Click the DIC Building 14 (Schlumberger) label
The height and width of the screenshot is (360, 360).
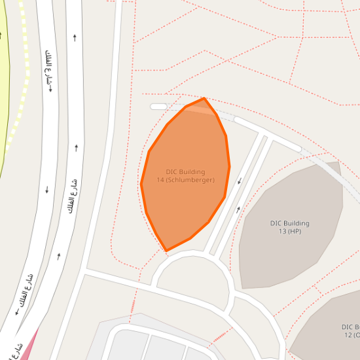point(185,175)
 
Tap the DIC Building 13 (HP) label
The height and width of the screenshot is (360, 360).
point(289,227)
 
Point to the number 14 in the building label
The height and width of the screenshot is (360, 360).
point(160,180)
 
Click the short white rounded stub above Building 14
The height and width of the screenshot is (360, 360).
point(158,107)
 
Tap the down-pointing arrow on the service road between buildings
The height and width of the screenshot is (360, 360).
point(240,181)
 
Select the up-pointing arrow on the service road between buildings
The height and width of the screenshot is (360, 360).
point(238,209)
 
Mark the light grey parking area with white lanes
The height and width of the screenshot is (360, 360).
point(151,344)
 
